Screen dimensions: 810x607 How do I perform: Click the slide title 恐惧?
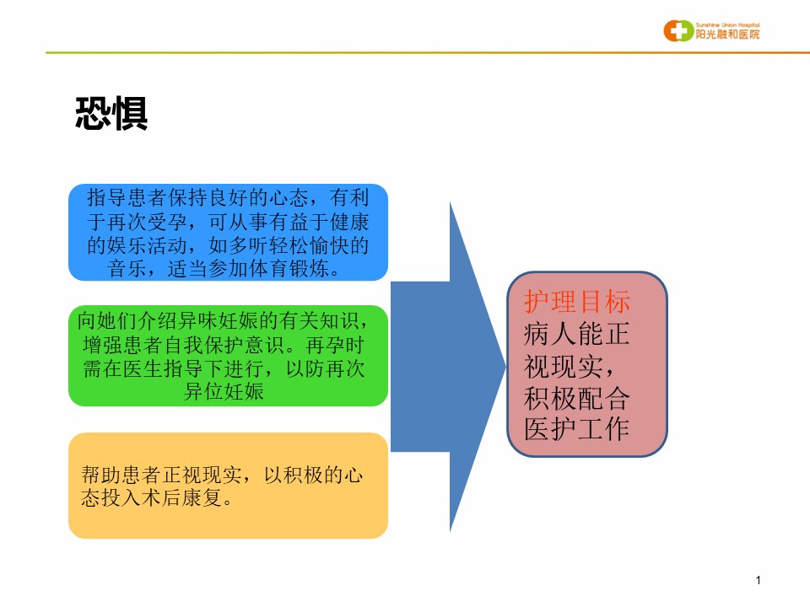pyautogui.click(x=111, y=113)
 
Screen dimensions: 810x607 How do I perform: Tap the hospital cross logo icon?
pyautogui.click(x=678, y=30)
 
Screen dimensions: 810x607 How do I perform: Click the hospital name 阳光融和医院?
pyautogui.click(x=727, y=35)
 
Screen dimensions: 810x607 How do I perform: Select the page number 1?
pyautogui.click(x=758, y=580)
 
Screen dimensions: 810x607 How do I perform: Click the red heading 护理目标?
pyautogui.click(x=576, y=302)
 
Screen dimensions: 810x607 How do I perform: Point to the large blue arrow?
pyautogui.click(x=448, y=367)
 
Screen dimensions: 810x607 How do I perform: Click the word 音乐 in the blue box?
pyautogui.click(x=127, y=268)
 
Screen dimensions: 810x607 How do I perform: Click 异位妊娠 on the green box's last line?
pyautogui.click(x=224, y=391)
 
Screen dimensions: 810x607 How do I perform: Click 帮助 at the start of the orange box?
pyautogui.click(x=101, y=475)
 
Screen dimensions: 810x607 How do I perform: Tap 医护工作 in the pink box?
pyautogui.click(x=576, y=429)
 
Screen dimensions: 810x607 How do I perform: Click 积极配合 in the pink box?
pyautogui.click(x=576, y=397)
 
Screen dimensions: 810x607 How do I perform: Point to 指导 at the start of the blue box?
pyautogui.click(x=107, y=197)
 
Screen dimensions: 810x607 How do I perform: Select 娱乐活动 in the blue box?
pyautogui.click(x=147, y=245)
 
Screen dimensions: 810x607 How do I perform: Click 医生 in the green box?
pyautogui.click(x=143, y=368)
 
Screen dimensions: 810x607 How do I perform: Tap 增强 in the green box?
pyautogui.click(x=102, y=345)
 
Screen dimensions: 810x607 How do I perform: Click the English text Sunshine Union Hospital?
pyautogui.click(x=727, y=24)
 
